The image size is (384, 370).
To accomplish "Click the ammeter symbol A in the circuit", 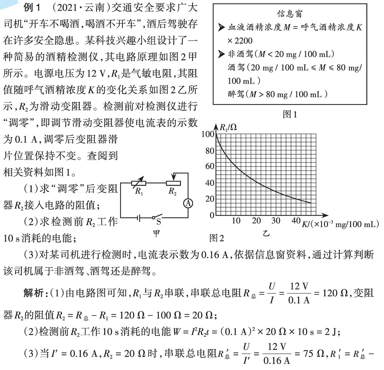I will [x=188, y=204].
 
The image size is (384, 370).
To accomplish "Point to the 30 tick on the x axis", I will [x=276, y=221].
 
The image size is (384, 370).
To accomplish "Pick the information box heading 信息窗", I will [x=291, y=14].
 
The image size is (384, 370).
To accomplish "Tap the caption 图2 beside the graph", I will [x=217, y=238].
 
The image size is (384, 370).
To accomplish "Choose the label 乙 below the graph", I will [x=266, y=234].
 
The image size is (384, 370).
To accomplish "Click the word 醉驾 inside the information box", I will [x=236, y=94].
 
